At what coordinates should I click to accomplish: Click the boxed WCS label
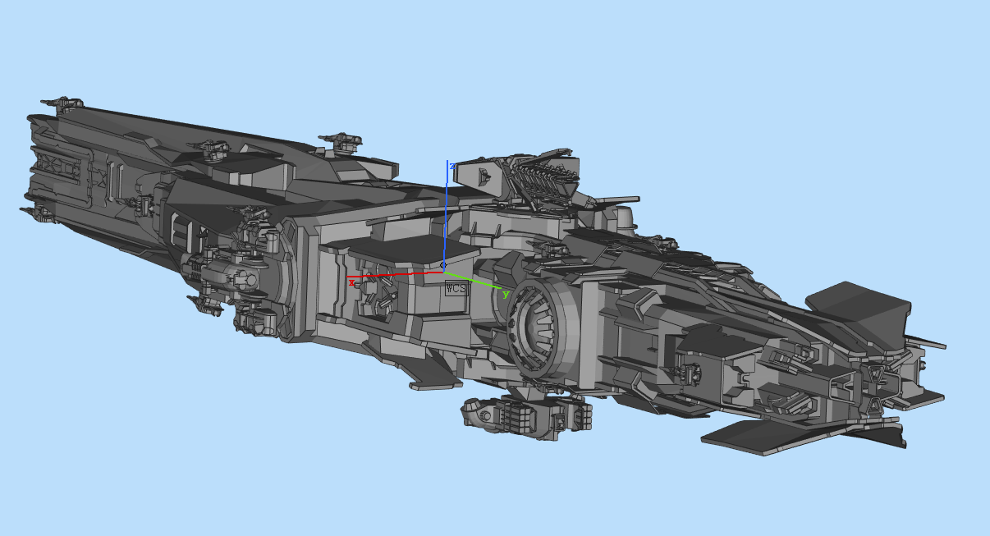coord(456,288)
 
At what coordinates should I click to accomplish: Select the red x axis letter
coord(352,282)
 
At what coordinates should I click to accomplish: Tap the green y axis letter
coord(506,294)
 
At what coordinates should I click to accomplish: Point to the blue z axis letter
coord(452,166)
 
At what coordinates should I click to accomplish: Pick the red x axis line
coord(394,274)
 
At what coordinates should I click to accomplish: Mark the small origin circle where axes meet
coord(444,265)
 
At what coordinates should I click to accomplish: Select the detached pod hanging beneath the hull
coord(525,416)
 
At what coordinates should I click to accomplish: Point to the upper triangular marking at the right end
coord(878,374)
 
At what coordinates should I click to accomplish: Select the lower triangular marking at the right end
coord(875,404)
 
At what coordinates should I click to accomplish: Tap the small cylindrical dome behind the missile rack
coord(624,218)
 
